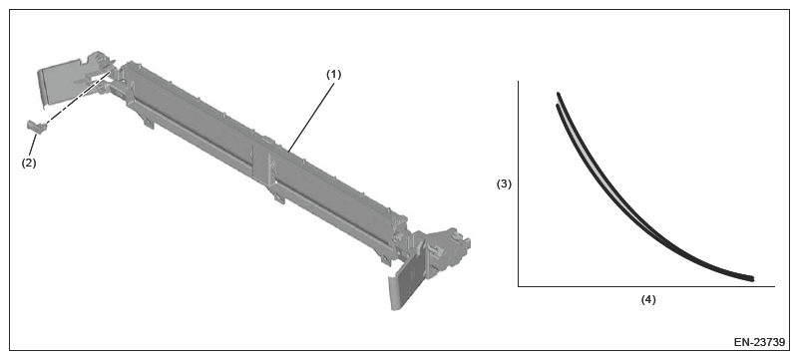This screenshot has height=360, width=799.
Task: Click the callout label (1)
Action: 334,75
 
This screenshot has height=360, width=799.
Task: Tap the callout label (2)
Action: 29,164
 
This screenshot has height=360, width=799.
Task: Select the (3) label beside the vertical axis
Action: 504,184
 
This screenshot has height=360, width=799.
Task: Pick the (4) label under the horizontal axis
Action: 648,299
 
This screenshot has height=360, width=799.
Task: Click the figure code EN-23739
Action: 759,342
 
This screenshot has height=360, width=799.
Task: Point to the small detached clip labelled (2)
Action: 36,126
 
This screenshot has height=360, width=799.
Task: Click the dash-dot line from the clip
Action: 78,99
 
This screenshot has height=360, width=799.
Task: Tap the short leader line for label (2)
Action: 33,145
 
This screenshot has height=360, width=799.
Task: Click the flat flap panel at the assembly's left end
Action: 59,82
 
